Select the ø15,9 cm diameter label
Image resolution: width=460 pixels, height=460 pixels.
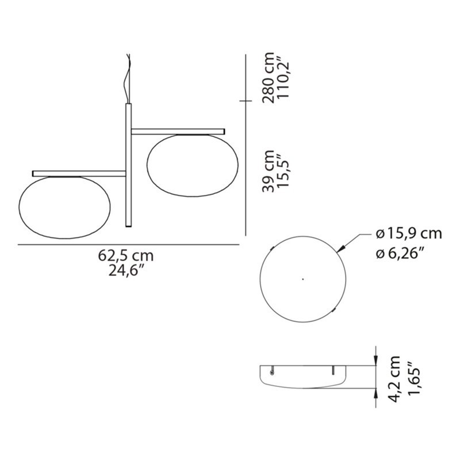point(409,234)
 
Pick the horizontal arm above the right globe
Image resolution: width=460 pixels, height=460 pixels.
point(178,131)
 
